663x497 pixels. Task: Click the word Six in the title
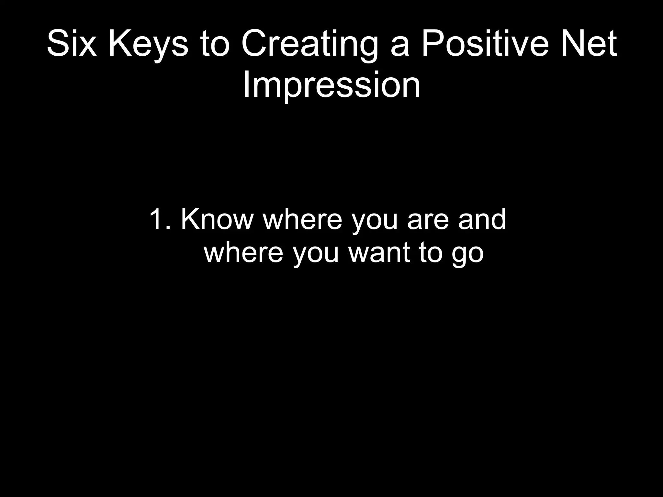[x=72, y=44]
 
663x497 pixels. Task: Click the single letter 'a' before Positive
[x=400, y=47]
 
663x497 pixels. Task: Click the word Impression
[x=331, y=85]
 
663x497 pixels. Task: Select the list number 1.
[x=159, y=219]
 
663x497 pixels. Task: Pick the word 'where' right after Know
[x=303, y=219]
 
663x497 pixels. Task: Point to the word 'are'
[x=428, y=222]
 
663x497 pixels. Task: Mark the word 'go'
[x=467, y=256]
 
